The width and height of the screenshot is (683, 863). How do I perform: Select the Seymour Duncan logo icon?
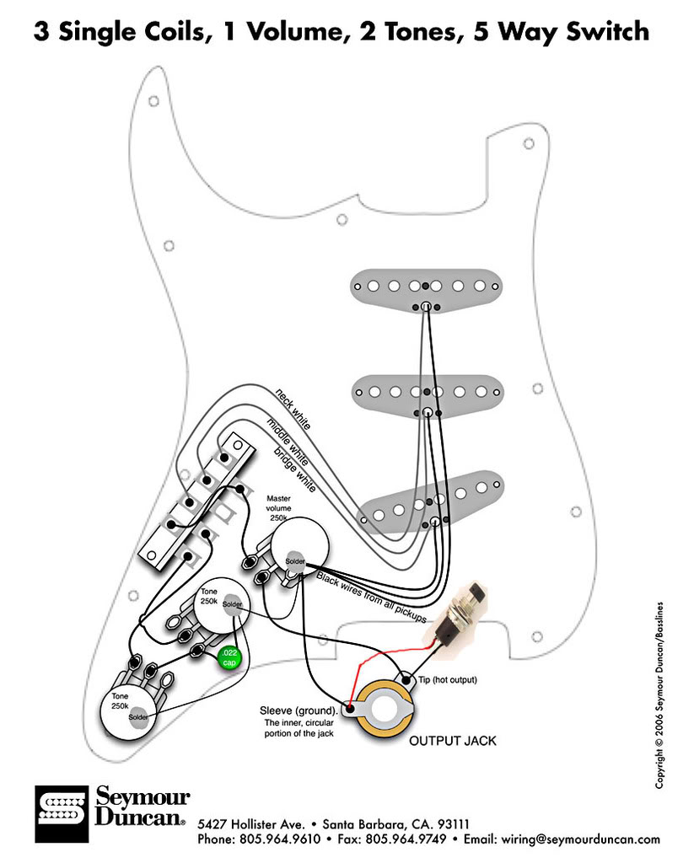[61, 815]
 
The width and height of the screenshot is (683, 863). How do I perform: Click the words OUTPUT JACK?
[452, 742]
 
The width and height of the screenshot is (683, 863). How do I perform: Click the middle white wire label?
[287, 441]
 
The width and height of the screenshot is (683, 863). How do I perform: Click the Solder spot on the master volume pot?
[294, 561]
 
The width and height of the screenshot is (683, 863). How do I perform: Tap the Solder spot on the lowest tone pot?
[138, 716]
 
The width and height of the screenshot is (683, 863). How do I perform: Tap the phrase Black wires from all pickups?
[371, 598]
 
